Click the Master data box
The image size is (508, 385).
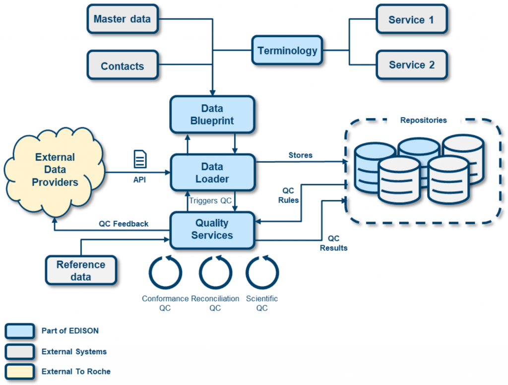(x=122, y=19)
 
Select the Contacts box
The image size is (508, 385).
(x=122, y=66)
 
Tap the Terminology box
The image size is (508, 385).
(x=287, y=50)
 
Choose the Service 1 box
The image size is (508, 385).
(x=411, y=20)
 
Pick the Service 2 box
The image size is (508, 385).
(x=411, y=65)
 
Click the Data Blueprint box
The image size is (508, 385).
(x=212, y=115)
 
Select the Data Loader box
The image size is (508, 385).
(x=212, y=173)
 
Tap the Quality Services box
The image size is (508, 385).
(x=212, y=230)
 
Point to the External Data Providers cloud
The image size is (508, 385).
(x=55, y=170)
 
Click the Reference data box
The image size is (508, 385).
(x=81, y=270)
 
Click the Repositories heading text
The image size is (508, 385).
(x=423, y=120)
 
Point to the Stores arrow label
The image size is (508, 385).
(x=300, y=155)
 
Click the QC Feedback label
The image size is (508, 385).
(x=123, y=224)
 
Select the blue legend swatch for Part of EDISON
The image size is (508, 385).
(x=20, y=331)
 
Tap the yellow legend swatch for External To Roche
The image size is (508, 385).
(x=20, y=371)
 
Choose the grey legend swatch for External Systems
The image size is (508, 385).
(x=20, y=351)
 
